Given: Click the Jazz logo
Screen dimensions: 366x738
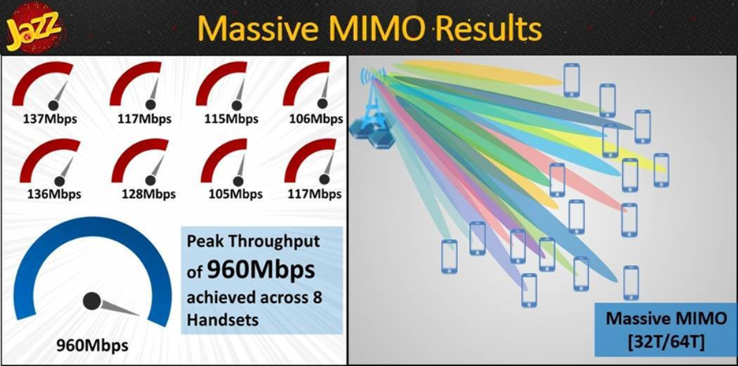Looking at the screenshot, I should pyautogui.click(x=33, y=30).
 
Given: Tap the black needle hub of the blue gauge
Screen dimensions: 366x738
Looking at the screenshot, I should pyautogui.click(x=91, y=301).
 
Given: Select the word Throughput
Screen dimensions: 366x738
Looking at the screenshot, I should pyautogui.click(x=278, y=243).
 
